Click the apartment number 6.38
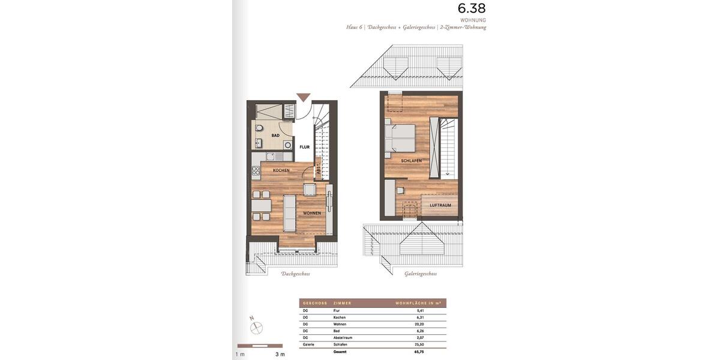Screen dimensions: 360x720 [x=472, y=8]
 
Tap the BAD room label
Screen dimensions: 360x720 [x=275, y=136]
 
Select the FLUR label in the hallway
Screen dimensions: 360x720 [x=305, y=147]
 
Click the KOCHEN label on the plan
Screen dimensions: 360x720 [x=281, y=170]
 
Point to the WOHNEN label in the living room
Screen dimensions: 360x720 [x=311, y=213]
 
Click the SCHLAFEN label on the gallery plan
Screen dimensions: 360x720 [x=412, y=161]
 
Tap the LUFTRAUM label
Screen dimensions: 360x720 [x=440, y=205]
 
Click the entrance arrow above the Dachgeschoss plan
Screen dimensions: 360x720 [x=304, y=97]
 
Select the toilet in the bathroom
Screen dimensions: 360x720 [x=259, y=129]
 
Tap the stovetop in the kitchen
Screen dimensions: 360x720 [x=270, y=157]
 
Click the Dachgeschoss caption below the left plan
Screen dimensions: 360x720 [x=296, y=274]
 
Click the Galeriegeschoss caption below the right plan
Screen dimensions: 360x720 [x=421, y=274]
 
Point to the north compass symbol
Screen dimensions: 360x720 [x=257, y=327]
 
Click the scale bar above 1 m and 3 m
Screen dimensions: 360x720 [x=259, y=346]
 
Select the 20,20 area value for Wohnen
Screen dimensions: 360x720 [x=420, y=324]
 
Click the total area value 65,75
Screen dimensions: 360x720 [x=420, y=352]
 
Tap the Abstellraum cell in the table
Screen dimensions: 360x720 [x=343, y=338]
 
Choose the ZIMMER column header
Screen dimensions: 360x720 [x=343, y=304]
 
